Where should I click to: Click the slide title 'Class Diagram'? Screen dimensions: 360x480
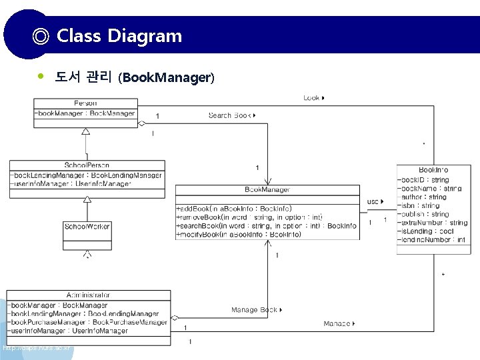coord(119,35)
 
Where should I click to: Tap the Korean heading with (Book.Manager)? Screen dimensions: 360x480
coord(134,77)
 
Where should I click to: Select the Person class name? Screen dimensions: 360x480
coord(85,103)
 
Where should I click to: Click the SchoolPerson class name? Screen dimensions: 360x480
coord(87,165)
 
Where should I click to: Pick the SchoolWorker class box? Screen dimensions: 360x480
coord(87,227)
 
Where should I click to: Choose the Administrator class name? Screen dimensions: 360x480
coord(88,295)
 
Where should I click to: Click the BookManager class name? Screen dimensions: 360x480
coord(267,190)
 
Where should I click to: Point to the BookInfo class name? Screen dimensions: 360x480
coord(433,171)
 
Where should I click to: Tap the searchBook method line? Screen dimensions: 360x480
coord(266,226)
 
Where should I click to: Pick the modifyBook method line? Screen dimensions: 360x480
coord(234,235)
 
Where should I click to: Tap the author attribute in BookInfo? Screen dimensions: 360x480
coord(422,197)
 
